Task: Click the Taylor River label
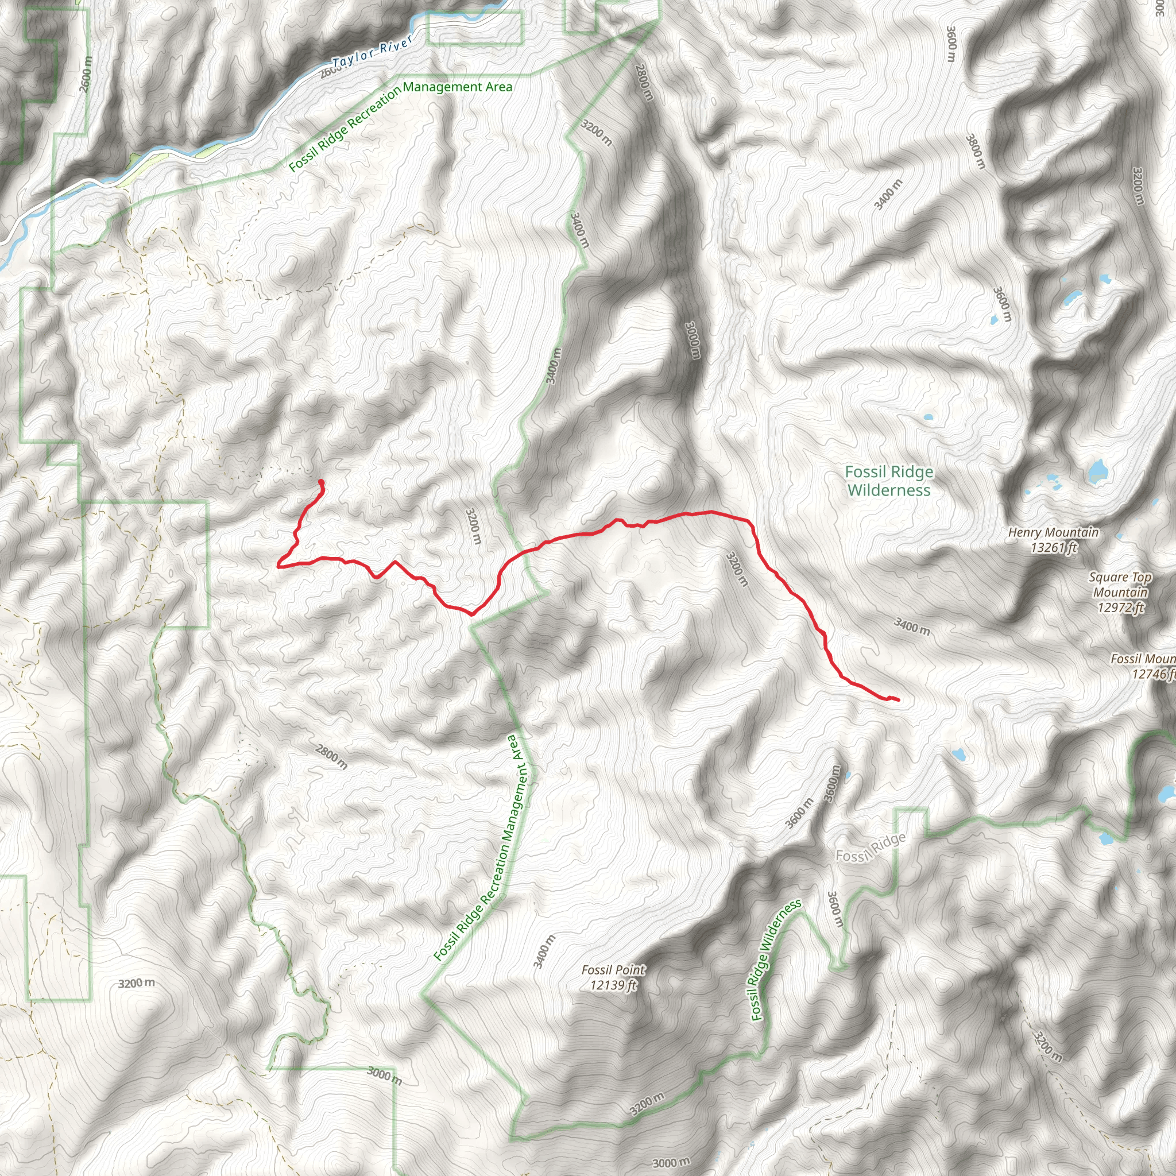pos(373,51)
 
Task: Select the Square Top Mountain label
pos(1120,585)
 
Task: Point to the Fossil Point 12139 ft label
pos(613,977)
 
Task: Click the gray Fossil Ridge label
pos(871,848)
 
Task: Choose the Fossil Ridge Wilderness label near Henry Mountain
pos(889,481)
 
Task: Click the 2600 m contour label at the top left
pos(87,74)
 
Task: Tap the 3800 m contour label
pos(974,152)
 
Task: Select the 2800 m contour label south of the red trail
pos(332,757)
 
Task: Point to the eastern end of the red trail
pos(898,699)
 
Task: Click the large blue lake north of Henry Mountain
pos(1097,470)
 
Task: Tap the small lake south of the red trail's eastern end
pos(960,755)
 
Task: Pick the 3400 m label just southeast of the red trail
pos(912,625)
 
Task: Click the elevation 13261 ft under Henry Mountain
pos(1053,548)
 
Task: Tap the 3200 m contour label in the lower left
pos(136,983)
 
